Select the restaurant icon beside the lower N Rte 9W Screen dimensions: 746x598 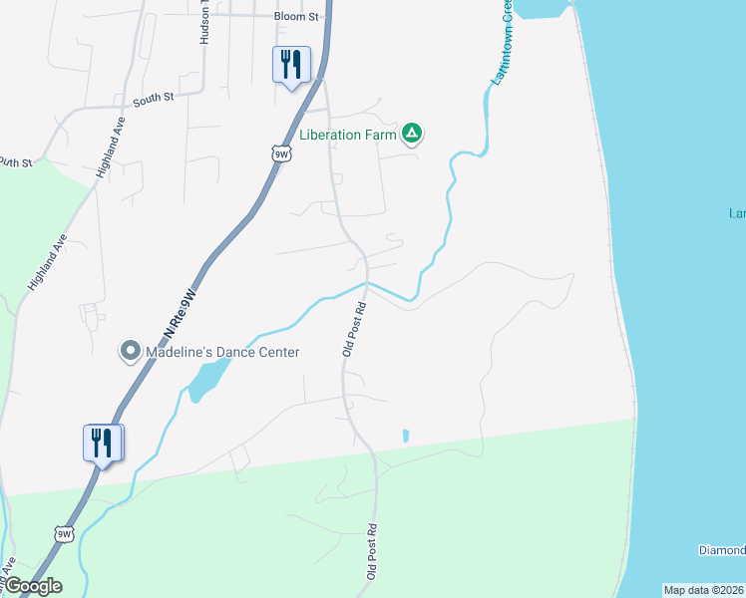point(103,443)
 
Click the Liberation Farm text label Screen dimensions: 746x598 point(349,133)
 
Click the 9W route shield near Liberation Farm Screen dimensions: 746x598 point(281,153)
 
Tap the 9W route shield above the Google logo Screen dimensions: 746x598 point(65,534)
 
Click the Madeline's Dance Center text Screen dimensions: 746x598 point(223,351)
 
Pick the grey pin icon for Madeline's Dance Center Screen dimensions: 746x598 point(130,351)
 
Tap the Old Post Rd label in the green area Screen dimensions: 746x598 point(372,552)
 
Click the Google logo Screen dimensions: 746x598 point(33,586)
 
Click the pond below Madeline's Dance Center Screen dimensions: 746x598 point(206,380)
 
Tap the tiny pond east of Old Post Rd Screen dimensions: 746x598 point(405,436)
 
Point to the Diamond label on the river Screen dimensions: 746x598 point(722,550)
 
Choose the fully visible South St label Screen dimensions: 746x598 point(154,97)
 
